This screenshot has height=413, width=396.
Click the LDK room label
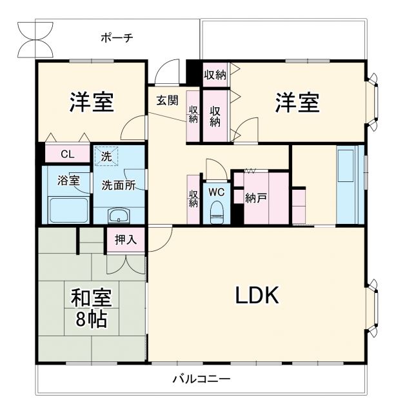coord(256,296)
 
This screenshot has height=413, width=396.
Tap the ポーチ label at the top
coord(117,38)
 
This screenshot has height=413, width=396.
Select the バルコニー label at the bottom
coord(201,379)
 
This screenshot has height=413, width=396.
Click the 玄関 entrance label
coord(167,100)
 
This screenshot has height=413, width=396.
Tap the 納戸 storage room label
coord(256,198)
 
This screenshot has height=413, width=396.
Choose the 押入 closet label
coord(126,240)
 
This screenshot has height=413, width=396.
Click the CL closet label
coord(66,154)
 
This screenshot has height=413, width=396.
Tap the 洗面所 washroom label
coord(118,185)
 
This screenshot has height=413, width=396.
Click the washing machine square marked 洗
coord(105,156)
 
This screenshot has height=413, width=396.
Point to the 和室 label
coord(91,298)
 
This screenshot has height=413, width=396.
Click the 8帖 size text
coord(91,319)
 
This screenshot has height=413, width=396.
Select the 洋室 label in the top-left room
coord(92,102)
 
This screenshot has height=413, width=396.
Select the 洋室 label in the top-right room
coord(297,103)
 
